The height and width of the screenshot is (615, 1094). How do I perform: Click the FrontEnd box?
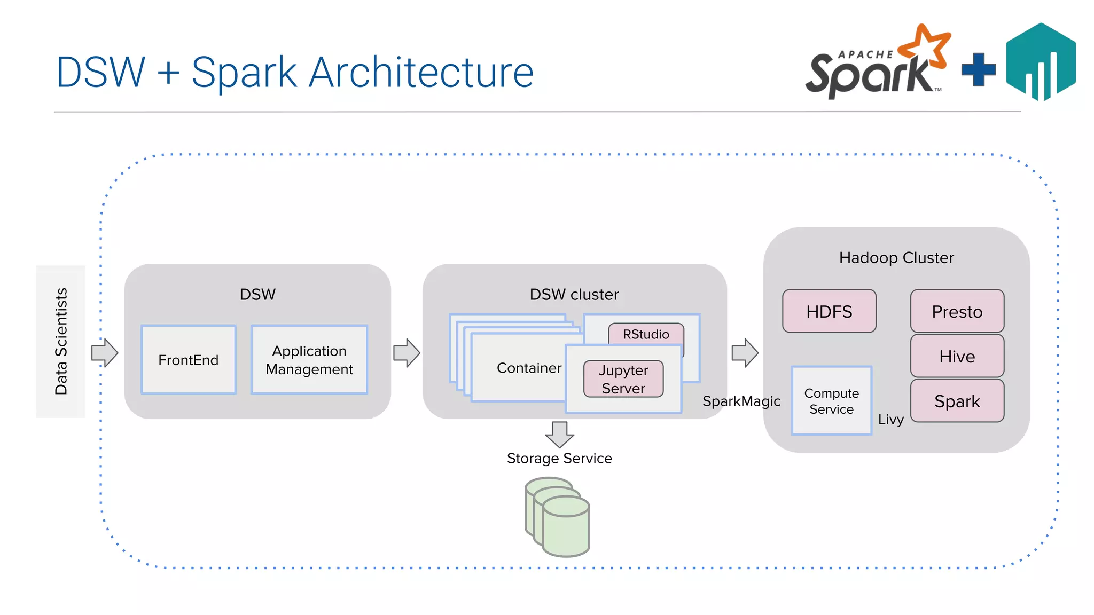(188, 360)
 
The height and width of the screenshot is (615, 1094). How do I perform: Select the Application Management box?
(309, 360)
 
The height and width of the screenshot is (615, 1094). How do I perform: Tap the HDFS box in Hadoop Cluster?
(829, 311)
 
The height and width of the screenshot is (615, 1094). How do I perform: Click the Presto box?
(957, 311)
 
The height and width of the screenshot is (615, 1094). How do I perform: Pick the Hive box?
(957, 356)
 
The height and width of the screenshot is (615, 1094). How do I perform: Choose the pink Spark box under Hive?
(957, 401)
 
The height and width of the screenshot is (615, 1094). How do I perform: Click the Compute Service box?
(831, 401)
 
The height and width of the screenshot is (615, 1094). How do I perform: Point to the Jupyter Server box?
(623, 379)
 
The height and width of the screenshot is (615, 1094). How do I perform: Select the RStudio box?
(646, 334)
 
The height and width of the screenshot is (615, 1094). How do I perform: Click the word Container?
(529, 368)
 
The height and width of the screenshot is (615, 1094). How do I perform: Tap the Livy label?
(890, 420)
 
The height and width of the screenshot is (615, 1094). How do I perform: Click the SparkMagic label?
(741, 401)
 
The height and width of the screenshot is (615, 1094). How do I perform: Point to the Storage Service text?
(559, 459)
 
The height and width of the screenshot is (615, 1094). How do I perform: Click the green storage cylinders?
(558, 518)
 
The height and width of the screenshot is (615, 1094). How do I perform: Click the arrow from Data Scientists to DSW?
(105, 353)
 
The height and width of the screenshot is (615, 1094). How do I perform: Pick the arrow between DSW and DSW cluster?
(407, 353)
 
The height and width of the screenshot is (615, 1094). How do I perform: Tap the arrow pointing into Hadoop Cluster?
(745, 353)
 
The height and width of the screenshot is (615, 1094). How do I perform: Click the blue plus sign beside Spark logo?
(978, 69)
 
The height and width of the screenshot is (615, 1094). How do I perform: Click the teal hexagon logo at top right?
(1041, 61)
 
